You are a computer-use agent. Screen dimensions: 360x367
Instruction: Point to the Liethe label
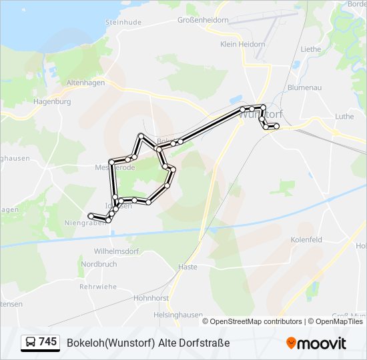click(x=310, y=49)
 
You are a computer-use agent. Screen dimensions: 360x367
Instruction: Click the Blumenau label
click(x=305, y=87)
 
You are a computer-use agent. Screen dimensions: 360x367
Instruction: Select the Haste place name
click(x=188, y=267)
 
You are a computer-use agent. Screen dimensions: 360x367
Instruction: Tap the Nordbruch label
click(x=98, y=264)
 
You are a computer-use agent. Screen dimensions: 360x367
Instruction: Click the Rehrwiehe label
click(x=97, y=287)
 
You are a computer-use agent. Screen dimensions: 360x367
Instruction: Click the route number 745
click(x=48, y=341)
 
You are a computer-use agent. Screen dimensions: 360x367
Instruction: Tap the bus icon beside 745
click(x=31, y=342)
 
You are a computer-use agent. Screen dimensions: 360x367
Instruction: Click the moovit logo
click(x=316, y=343)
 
